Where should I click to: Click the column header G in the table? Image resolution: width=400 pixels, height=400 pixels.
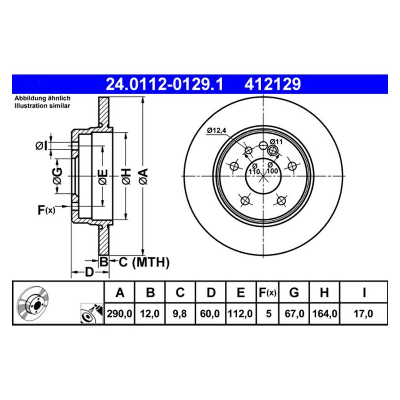coord(294,293)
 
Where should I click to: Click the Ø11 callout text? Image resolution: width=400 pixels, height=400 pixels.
coord(276,141)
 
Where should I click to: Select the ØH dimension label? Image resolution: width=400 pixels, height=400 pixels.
coord(126,176)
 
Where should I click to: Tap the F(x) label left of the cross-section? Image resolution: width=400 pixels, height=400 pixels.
coord(46,210)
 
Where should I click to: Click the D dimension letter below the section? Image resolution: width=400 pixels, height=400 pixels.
coord(89,272)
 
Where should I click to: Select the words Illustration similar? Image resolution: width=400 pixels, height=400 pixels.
coord(42,106)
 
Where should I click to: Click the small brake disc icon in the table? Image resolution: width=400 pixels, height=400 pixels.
coord(33,304)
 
